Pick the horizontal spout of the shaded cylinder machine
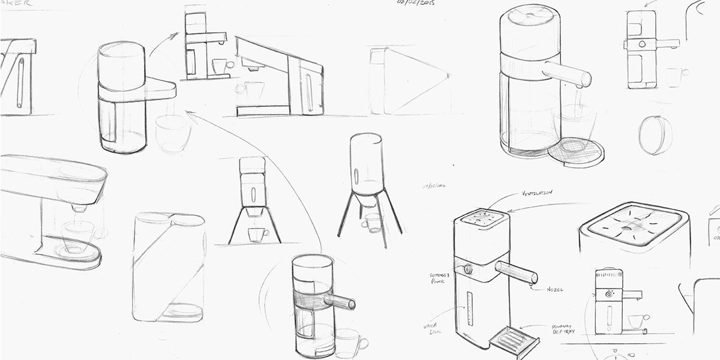(339, 300)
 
